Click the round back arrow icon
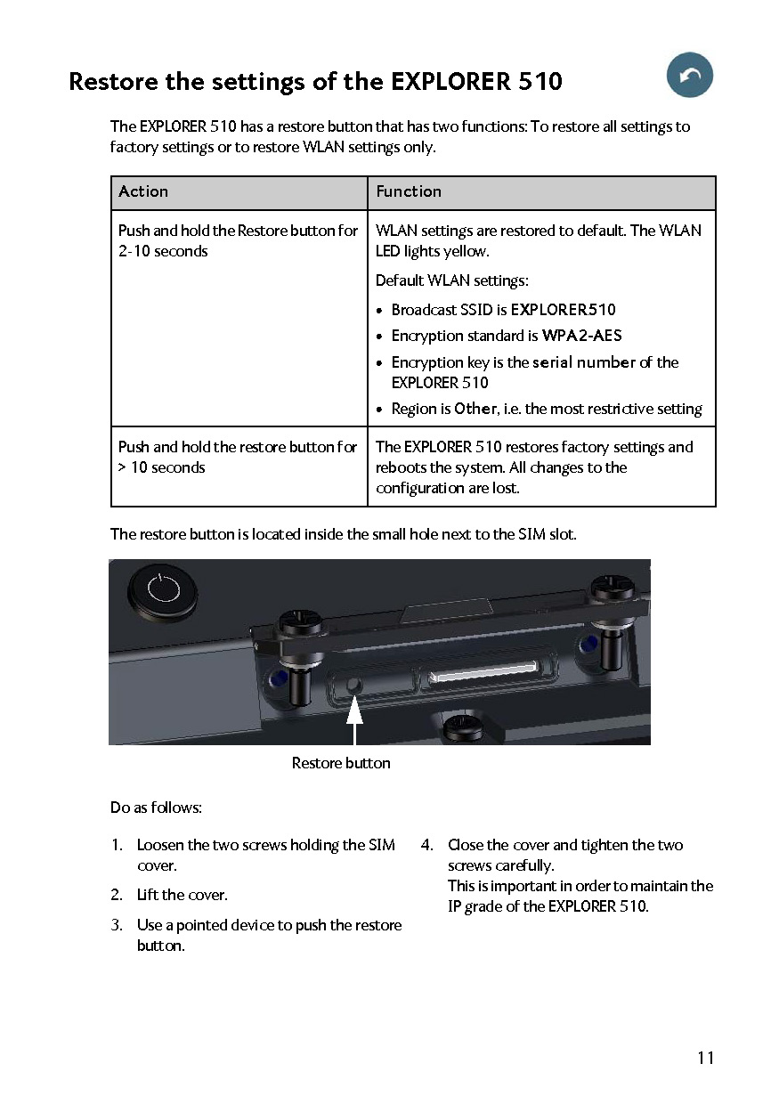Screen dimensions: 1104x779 690,76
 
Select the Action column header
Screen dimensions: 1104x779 143,191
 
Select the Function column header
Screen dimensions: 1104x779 409,191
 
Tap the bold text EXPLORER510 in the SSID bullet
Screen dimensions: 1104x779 563,310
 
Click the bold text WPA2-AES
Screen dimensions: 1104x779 581,336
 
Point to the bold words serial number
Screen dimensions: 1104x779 584,362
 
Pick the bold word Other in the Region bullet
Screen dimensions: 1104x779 475,409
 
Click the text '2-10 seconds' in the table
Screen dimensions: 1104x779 163,251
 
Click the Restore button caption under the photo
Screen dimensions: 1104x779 341,763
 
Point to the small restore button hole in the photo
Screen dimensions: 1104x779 355,686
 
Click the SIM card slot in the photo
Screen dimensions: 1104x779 483,678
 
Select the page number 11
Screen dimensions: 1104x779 705,1058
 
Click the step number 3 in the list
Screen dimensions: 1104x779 117,925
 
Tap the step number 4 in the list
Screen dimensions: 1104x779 426,845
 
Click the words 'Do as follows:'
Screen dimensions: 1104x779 156,808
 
